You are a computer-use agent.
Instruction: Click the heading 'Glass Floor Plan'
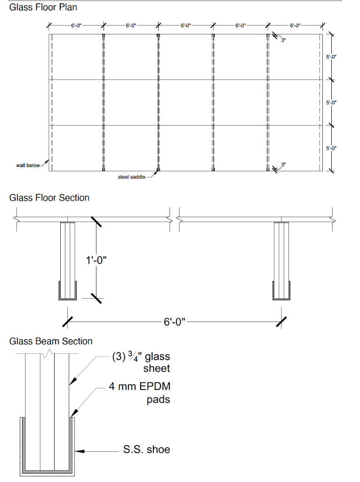click(43, 8)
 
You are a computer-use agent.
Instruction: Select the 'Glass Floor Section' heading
click(49, 198)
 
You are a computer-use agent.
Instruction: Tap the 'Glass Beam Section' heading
click(51, 341)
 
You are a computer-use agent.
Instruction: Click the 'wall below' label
click(28, 165)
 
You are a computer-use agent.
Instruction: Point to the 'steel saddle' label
click(131, 177)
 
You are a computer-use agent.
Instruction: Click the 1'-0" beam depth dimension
click(96, 260)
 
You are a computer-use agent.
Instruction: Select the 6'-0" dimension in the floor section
click(175, 322)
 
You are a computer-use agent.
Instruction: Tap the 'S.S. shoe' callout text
click(146, 450)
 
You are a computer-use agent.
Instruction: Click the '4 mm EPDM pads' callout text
click(140, 393)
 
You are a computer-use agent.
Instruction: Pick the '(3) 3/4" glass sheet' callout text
click(141, 362)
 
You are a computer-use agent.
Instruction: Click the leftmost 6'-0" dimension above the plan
click(76, 25)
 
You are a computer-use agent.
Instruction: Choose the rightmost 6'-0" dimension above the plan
click(295, 25)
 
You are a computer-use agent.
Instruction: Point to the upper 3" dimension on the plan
click(283, 41)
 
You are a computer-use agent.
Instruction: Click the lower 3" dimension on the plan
click(283, 164)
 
